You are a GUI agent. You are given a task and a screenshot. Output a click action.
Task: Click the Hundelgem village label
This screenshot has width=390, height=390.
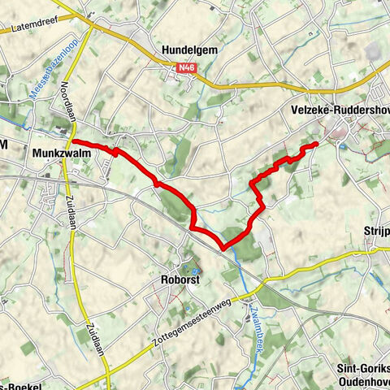tap(189, 50)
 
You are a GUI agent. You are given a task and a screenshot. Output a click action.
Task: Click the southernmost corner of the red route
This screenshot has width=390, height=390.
tap(223, 246)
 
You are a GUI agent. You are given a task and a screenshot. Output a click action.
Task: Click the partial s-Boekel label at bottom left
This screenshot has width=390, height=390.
tap(20, 385)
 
